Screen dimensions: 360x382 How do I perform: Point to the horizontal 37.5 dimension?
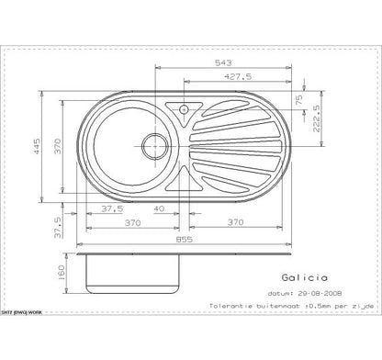point(114,208)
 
